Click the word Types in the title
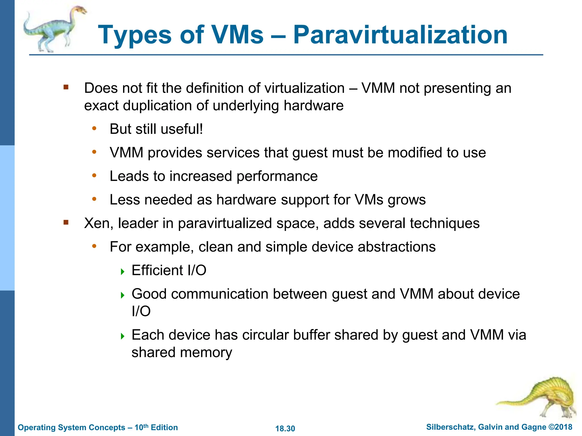[135, 35]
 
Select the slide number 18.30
[285, 428]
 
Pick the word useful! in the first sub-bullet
[182, 129]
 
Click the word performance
[277, 176]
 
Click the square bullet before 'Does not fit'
[66, 87]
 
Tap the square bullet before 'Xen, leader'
[66, 222]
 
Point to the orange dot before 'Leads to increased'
[94, 176]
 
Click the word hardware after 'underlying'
[313, 106]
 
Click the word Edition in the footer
[164, 427]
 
